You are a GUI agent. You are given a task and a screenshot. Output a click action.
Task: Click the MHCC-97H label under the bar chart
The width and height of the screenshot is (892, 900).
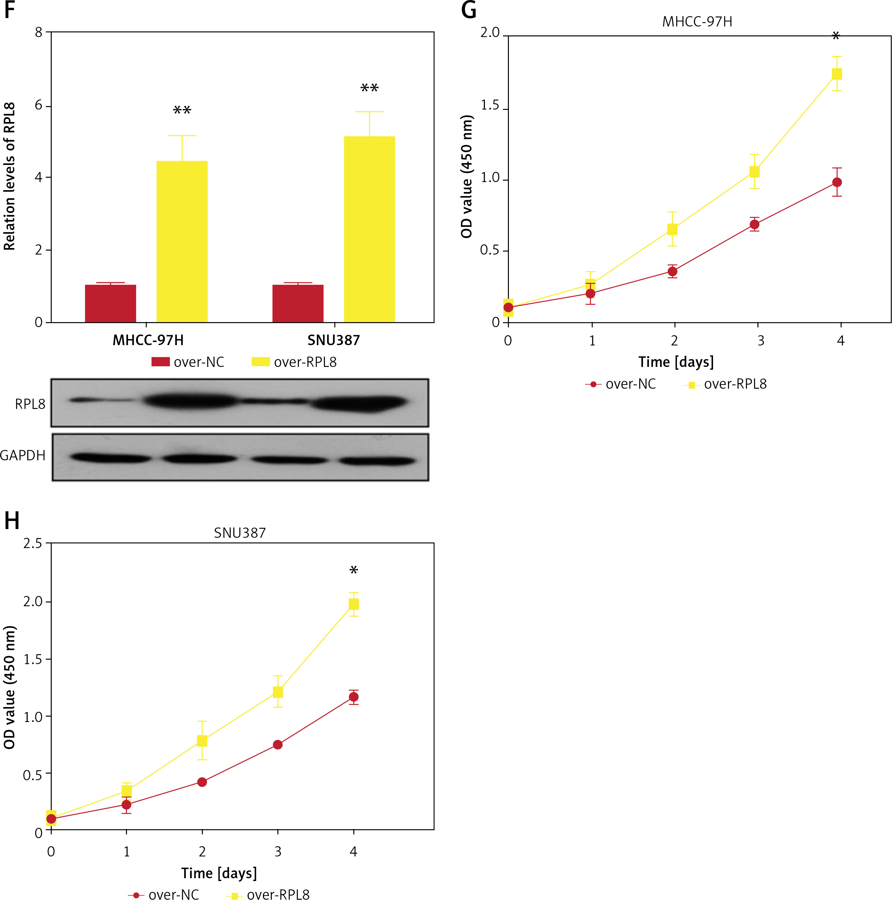[148, 340]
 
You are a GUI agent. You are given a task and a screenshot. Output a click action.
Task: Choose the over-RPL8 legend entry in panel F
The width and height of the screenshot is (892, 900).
[294, 362]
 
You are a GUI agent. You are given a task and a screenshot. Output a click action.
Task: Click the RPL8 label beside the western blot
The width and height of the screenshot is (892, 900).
[30, 404]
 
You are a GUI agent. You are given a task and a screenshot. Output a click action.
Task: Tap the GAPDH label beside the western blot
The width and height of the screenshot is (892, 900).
[22, 455]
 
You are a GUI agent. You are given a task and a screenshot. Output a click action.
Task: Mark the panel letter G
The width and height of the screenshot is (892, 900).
[469, 10]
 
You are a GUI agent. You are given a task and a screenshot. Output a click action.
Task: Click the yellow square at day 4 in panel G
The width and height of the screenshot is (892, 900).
[837, 74]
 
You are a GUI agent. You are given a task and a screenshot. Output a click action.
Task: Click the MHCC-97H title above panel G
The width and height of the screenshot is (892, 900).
[697, 22]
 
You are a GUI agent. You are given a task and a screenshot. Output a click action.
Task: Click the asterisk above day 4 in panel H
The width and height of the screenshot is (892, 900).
[354, 570]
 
